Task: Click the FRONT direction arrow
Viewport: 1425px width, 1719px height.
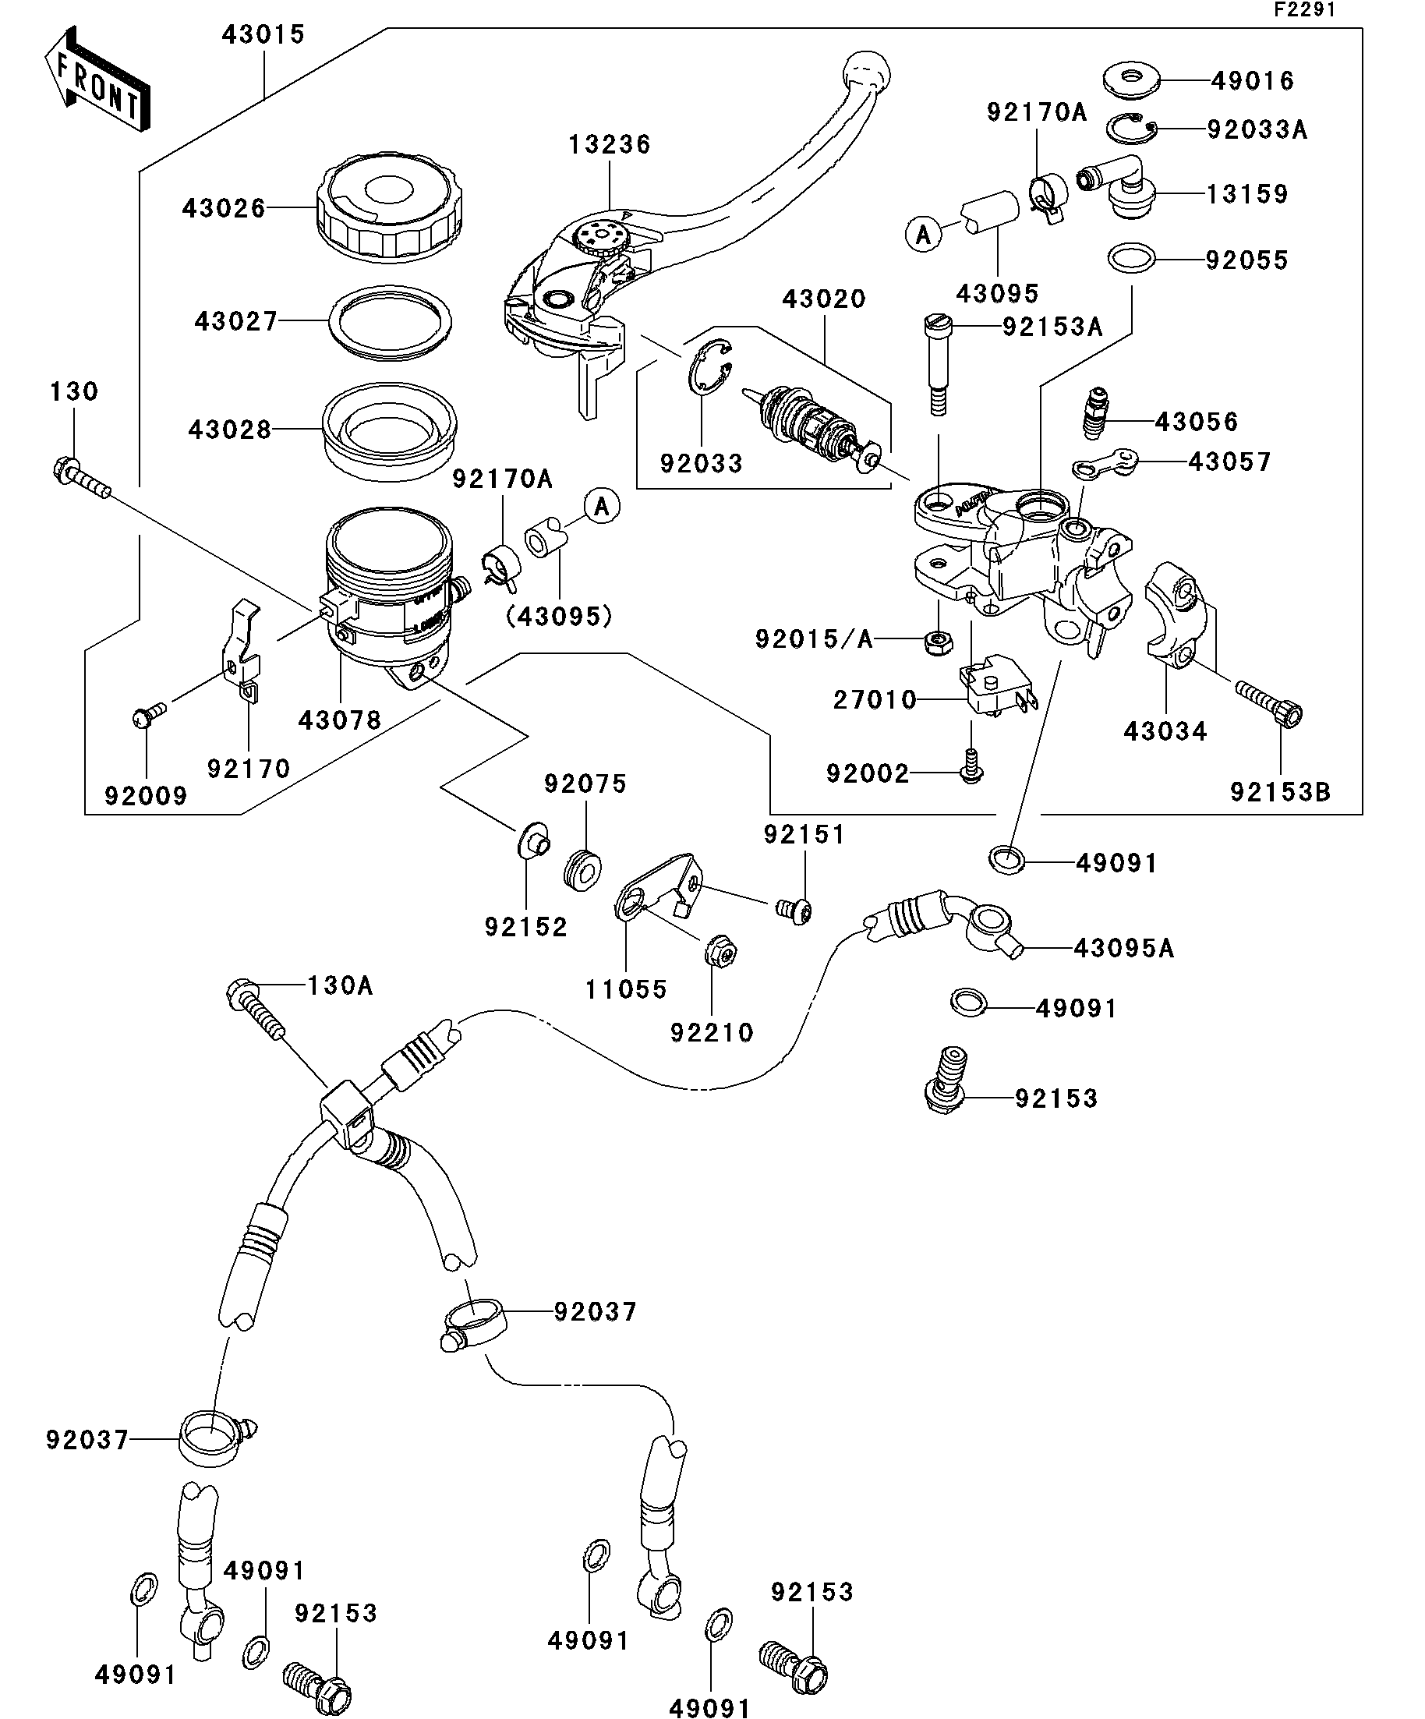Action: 97,80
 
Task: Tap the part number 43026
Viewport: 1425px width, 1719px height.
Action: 224,209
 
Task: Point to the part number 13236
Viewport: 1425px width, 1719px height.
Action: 610,145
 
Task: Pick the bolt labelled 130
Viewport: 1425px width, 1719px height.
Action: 81,478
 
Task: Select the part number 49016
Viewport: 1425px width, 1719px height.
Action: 1252,81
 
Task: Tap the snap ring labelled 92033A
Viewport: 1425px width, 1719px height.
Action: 1132,128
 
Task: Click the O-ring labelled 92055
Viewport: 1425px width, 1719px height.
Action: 1131,260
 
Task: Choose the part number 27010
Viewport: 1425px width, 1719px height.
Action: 874,700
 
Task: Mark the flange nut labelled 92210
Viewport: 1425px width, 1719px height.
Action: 721,951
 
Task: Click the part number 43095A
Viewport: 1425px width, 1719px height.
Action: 1123,948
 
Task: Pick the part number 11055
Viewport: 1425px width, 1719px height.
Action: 626,989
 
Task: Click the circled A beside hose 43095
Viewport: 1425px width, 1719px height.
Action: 924,235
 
